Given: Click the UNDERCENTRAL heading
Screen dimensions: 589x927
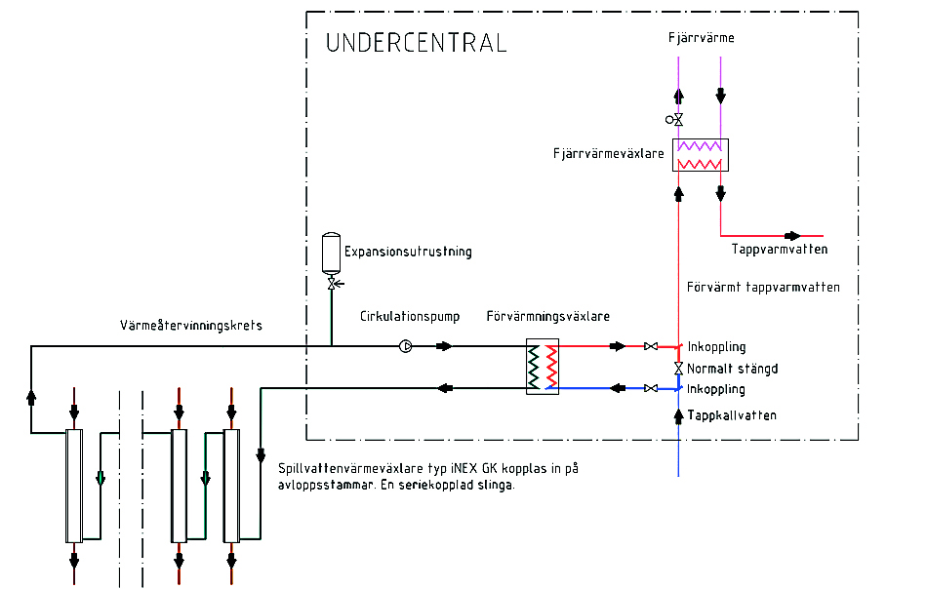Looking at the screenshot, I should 417,43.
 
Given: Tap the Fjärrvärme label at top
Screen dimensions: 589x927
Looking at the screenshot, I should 702,38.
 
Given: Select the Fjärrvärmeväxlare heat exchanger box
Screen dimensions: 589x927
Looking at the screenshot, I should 702,155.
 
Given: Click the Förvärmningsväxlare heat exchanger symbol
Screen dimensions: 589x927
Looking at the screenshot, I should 543,367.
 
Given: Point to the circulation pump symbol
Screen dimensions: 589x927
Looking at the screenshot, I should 406,346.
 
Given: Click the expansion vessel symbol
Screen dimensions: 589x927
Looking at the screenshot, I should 331,251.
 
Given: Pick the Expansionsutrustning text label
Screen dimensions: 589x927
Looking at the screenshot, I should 409,252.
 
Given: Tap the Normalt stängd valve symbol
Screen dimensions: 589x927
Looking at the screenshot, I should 678,368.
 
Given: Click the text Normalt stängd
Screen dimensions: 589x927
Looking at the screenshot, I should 732,369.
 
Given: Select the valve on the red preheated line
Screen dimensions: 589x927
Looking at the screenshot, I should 650,346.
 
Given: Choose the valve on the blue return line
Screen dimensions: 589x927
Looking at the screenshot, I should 650,388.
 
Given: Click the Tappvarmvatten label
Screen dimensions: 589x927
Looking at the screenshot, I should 780,250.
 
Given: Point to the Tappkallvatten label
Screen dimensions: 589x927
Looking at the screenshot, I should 732,415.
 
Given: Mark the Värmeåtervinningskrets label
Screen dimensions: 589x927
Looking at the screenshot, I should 190,325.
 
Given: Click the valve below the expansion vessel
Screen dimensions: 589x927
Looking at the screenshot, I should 332,284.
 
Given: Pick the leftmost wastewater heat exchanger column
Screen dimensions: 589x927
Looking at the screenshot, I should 73,485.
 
